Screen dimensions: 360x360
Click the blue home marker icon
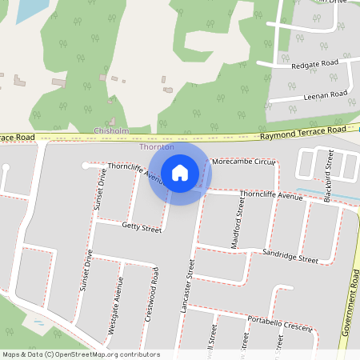[x=180, y=172]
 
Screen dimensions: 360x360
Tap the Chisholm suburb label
[x=111, y=130]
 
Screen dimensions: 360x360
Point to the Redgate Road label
[x=314, y=62]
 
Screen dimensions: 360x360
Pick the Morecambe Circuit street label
[x=244, y=162]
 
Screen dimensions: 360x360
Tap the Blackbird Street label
[x=328, y=167]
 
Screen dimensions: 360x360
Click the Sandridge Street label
[x=290, y=256]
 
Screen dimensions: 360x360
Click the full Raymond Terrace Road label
[x=303, y=130]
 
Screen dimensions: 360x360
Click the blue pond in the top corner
[x=29, y=10]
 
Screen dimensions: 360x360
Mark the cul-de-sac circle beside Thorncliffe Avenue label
[x=85, y=166]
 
